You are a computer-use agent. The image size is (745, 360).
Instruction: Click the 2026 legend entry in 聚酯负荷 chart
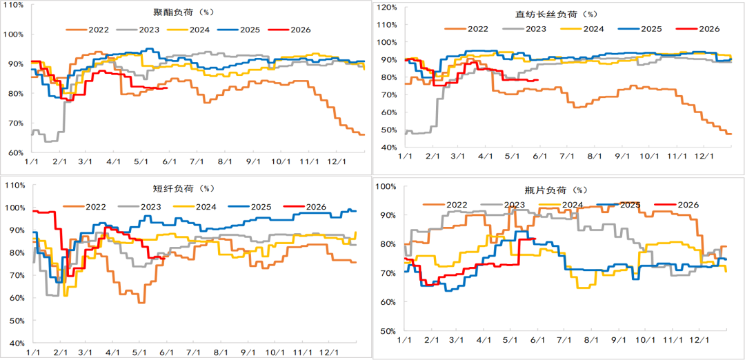289,30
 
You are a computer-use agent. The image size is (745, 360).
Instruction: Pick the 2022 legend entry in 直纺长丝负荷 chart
466,29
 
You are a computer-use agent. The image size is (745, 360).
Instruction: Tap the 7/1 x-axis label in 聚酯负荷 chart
197,162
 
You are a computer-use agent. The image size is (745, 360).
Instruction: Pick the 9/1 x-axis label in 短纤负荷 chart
248,353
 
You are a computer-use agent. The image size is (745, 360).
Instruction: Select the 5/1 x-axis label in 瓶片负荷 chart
510,341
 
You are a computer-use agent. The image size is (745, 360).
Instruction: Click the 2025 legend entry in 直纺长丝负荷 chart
639,29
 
